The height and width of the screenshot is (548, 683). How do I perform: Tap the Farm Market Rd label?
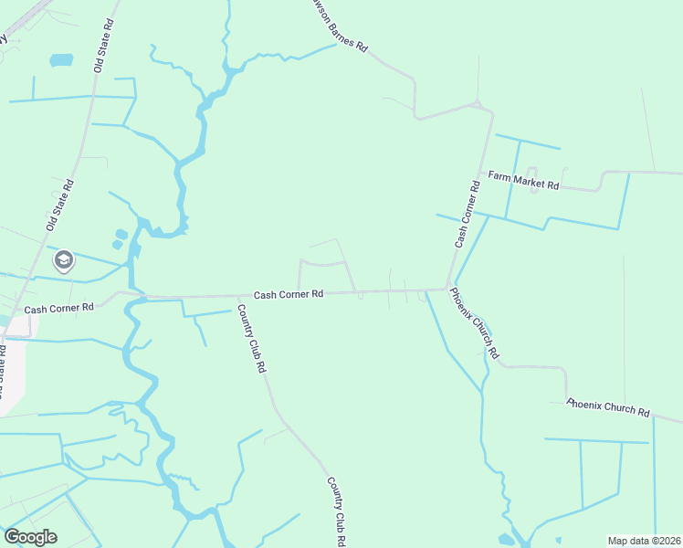pyautogui.click(x=522, y=180)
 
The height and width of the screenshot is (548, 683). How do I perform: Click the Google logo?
pyautogui.click(x=30, y=537)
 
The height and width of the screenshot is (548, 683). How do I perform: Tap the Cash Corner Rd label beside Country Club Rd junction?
pyautogui.click(x=289, y=294)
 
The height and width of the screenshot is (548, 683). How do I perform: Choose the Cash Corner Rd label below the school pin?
pyautogui.click(x=59, y=309)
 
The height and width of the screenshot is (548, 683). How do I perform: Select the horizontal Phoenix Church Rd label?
pyautogui.click(x=607, y=407)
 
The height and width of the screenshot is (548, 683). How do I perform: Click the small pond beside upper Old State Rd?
pyautogui.click(x=61, y=60)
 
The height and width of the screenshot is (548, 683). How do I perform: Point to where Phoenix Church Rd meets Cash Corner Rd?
pyautogui.click(x=447, y=289)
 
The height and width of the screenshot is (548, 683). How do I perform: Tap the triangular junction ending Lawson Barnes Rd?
pyautogui.click(x=477, y=106)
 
